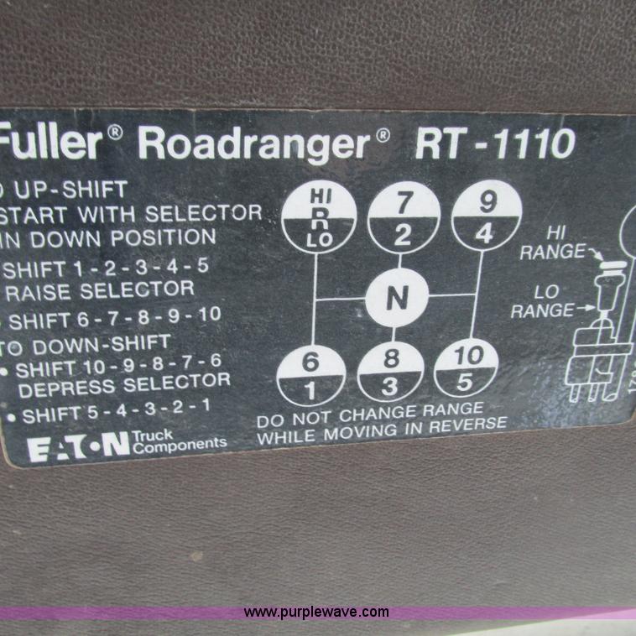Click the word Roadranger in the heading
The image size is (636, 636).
coord(253,144)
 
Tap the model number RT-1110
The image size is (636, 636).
coord(495,144)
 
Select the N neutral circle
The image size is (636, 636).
coord(397,297)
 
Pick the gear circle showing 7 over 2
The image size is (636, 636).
coord(404,217)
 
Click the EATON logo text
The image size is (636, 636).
coord(79,447)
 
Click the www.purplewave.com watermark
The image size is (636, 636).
coord(317,612)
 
